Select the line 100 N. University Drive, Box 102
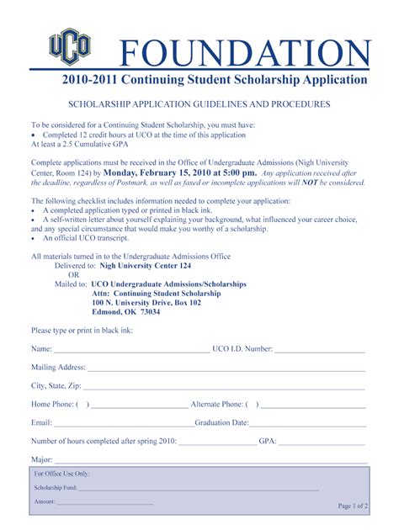point(147,301)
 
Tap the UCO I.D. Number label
point(242,348)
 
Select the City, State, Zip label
point(56,385)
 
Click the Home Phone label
point(53,404)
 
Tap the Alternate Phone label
point(217,404)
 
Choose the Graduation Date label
point(221,422)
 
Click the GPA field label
point(268,441)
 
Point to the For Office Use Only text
point(61,474)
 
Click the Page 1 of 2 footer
point(353,506)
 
